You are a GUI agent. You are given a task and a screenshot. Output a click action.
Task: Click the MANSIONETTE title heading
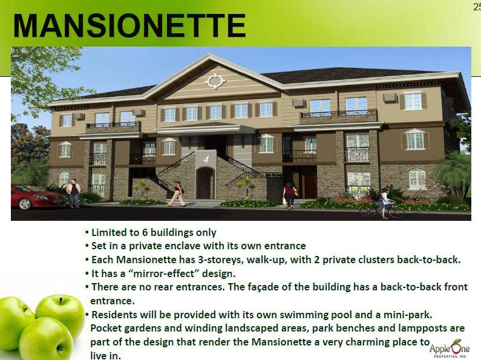(x=129, y=25)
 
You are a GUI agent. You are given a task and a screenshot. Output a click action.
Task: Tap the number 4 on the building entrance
(x=206, y=159)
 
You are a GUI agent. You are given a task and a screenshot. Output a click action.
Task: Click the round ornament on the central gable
(x=215, y=81)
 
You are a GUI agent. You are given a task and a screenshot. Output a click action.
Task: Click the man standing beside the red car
(x=74, y=194)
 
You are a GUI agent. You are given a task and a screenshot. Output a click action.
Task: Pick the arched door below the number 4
(x=205, y=183)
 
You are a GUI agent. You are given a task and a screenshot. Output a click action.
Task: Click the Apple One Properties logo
(x=450, y=348)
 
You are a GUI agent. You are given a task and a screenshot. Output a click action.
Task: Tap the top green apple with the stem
(x=60, y=312)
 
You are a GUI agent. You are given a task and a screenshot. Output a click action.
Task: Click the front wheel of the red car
(x=25, y=204)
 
